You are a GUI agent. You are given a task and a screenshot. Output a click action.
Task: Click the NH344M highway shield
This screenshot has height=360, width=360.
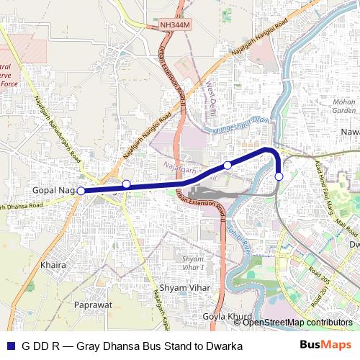176,24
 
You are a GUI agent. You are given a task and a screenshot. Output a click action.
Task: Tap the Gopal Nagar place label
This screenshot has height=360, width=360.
54,190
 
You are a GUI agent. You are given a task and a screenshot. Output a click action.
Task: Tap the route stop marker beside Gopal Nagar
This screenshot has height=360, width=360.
81,191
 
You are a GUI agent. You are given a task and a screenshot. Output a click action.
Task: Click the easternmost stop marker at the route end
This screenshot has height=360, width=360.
279,176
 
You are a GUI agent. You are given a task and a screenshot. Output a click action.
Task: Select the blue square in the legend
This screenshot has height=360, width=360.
9,346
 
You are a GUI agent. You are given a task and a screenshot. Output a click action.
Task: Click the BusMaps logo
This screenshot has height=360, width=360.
325,346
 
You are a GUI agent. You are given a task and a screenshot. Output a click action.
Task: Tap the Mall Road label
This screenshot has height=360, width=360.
347,230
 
